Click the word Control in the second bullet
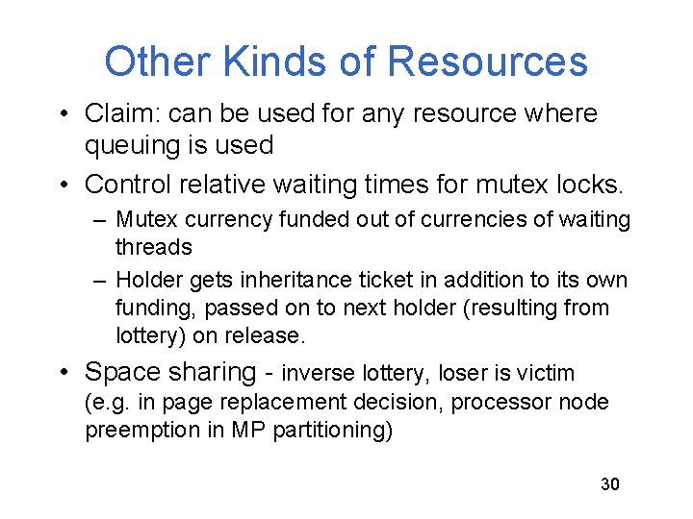(x=128, y=183)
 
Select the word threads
(x=153, y=247)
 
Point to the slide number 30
(x=610, y=484)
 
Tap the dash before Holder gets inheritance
(x=101, y=280)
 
